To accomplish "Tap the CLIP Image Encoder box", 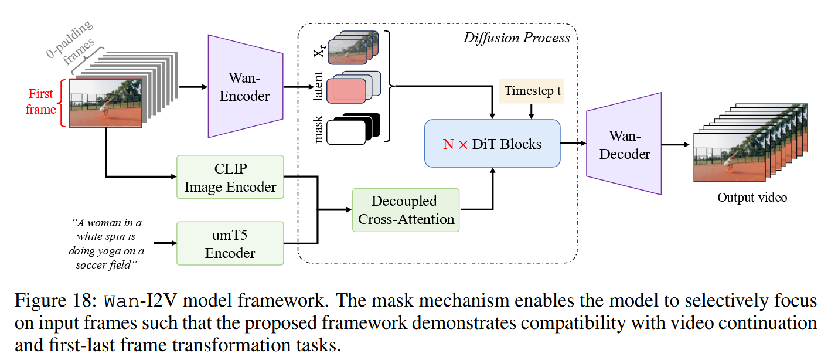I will point(230,178).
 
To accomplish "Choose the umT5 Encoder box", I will point(230,243).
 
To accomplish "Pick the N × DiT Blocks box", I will point(492,143).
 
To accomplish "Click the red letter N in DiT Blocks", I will point(448,144).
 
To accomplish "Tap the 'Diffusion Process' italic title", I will point(516,38).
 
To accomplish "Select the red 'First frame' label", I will point(41,101).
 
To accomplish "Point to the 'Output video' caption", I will point(752,198).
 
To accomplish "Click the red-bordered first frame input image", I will point(105,103).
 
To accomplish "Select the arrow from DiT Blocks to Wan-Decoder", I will point(573,143).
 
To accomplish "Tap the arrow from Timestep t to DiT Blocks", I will point(532,111).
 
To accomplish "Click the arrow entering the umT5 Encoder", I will point(164,243).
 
